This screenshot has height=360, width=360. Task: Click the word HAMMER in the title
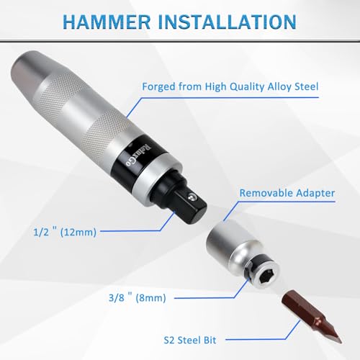[107, 22]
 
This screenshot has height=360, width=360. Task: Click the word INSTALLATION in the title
[227, 22]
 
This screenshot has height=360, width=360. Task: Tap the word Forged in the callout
[158, 87]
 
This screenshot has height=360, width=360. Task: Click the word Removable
[266, 193]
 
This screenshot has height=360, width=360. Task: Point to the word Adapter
[315, 194]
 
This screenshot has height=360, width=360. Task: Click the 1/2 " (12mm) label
[65, 232]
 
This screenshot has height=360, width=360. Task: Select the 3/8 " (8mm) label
[138, 297]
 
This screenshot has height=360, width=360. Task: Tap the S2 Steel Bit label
[190, 340]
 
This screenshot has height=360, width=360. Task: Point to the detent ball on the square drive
[192, 197]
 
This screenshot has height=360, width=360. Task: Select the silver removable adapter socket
[243, 255]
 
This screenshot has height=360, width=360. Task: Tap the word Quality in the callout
[247, 87]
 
